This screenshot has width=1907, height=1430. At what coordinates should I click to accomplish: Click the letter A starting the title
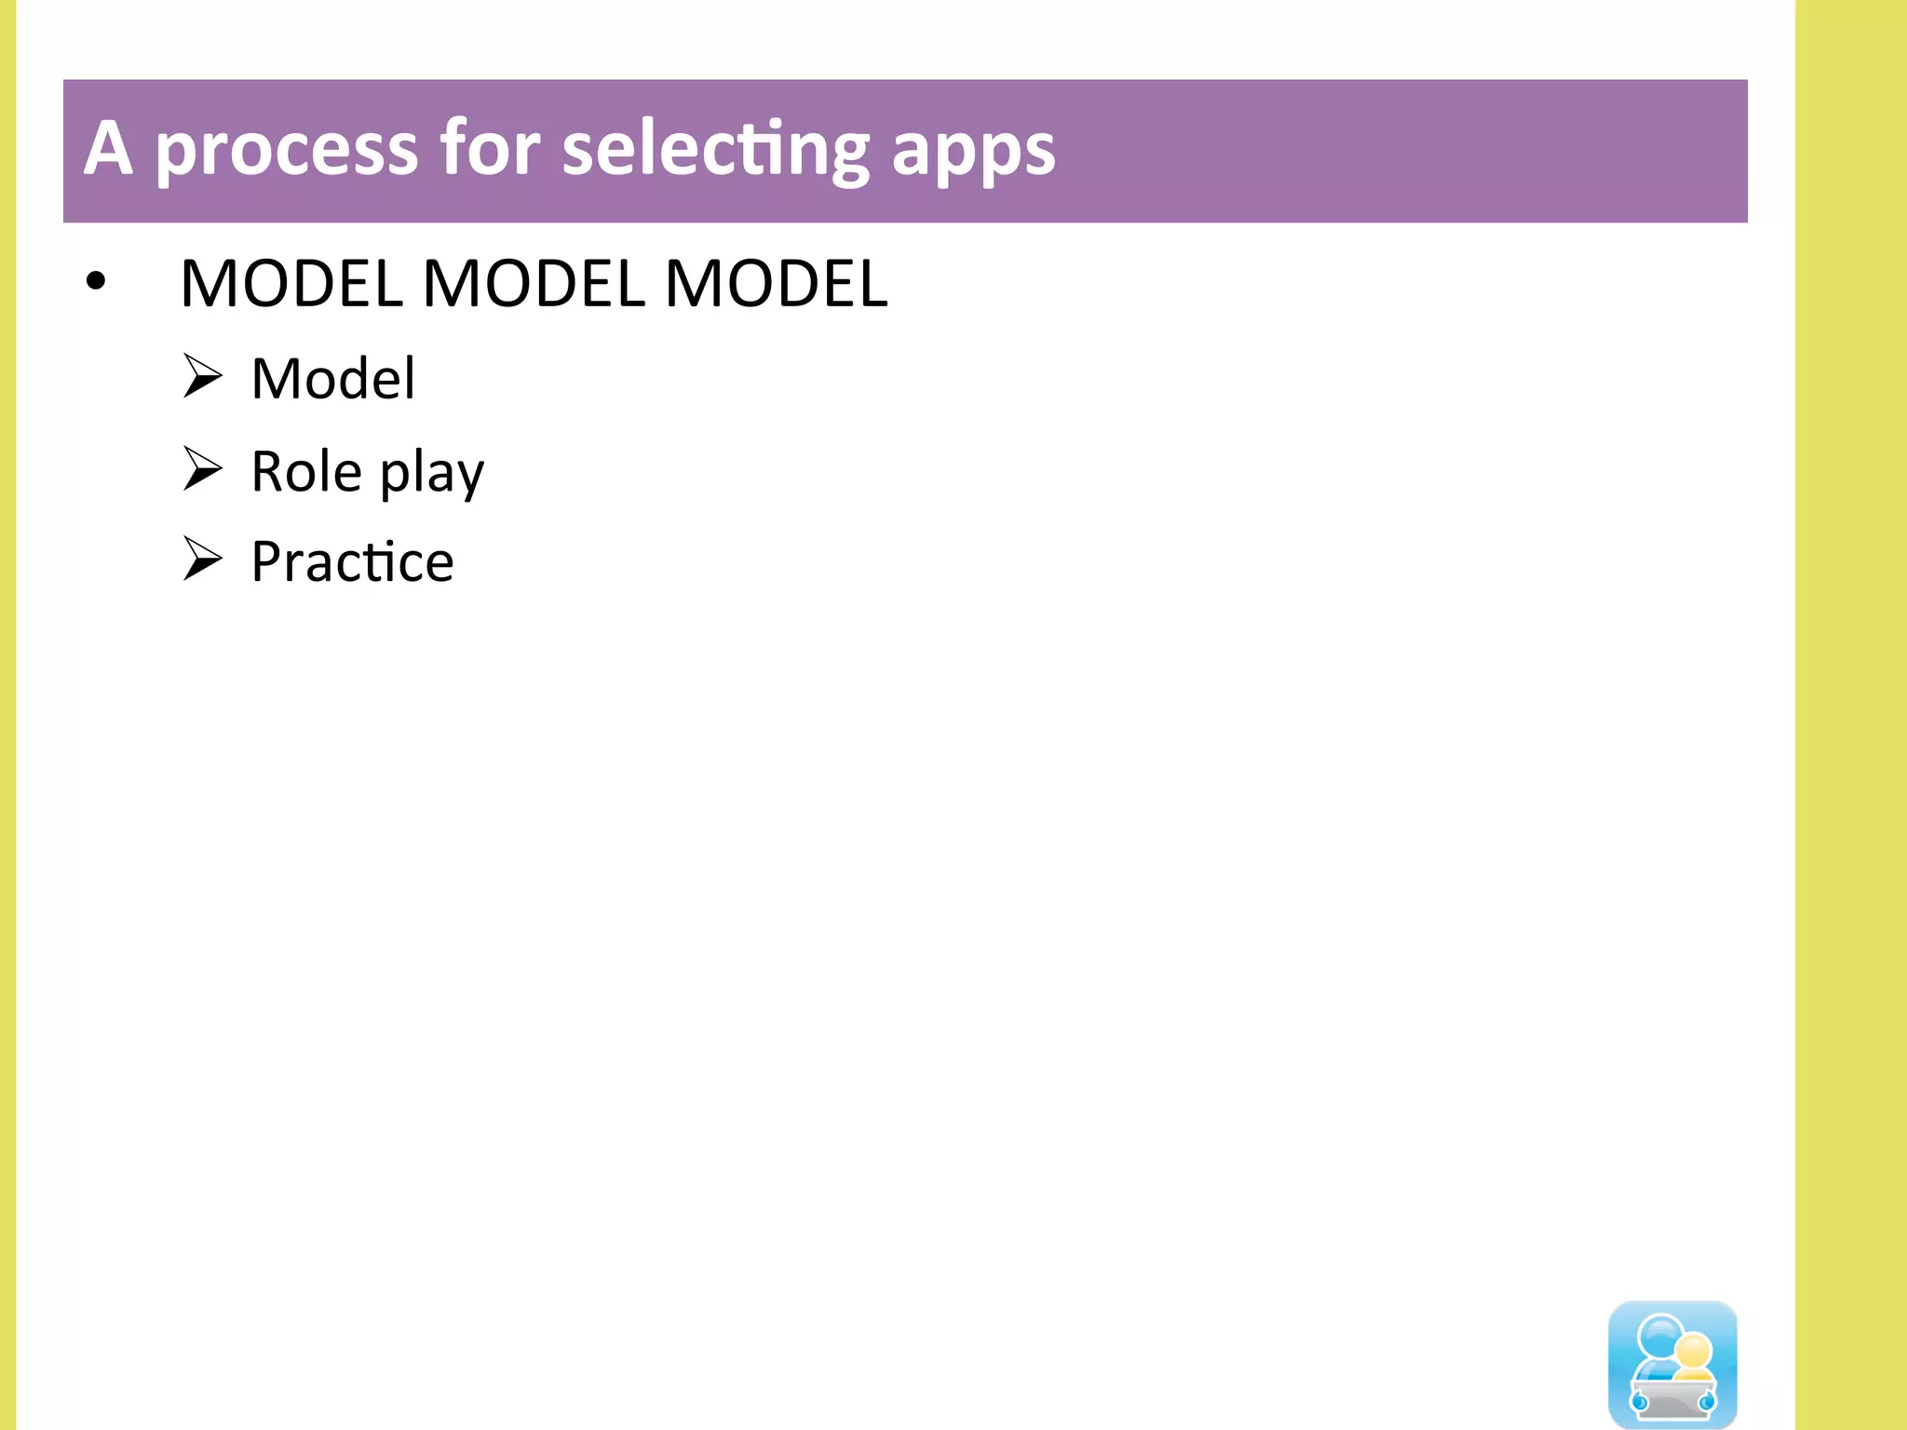click(x=108, y=149)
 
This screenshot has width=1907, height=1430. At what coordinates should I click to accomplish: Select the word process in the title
click(x=287, y=151)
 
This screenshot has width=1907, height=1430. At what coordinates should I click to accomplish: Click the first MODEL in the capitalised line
click(x=291, y=283)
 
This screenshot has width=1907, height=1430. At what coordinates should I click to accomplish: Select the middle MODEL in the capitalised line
click(x=534, y=283)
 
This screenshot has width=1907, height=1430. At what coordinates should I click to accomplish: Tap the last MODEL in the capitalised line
click(x=777, y=283)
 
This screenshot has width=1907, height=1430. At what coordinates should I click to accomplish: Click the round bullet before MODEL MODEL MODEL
click(x=95, y=280)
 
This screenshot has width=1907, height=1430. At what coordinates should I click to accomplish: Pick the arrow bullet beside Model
click(x=202, y=376)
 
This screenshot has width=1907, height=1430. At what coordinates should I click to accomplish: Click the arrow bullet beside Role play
click(x=202, y=468)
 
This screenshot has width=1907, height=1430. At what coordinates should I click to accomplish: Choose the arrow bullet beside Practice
click(x=202, y=559)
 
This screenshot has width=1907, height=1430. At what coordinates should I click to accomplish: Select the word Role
click(x=306, y=471)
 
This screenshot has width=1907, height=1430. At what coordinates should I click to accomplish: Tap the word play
click(x=432, y=473)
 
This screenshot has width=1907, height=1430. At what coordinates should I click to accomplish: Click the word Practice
click(x=353, y=561)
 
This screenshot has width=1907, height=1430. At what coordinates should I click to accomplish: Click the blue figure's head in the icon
click(x=1659, y=1335)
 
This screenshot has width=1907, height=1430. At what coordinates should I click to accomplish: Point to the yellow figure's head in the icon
click(x=1693, y=1351)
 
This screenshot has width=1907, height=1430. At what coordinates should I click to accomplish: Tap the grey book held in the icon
click(x=1673, y=1398)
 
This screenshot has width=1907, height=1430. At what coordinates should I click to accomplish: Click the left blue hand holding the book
click(x=1640, y=1400)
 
